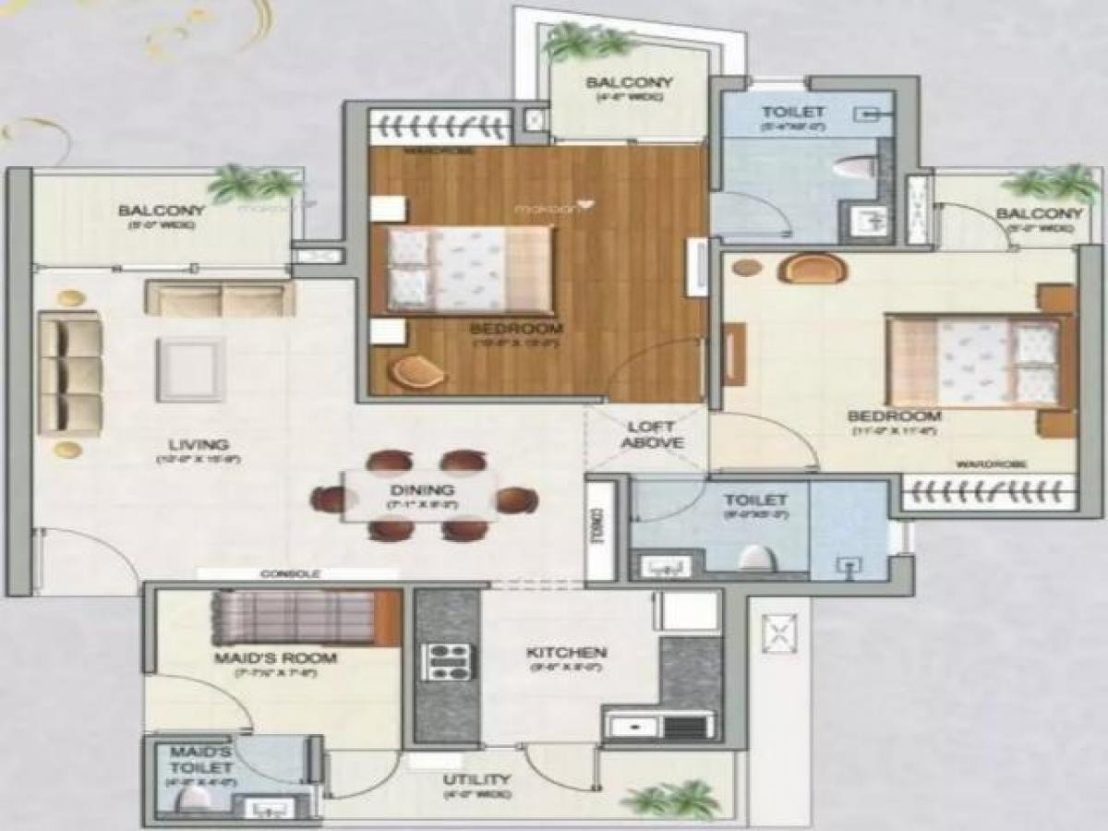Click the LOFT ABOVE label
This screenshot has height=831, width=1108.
tap(652, 435)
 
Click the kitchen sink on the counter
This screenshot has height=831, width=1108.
tap(634, 726)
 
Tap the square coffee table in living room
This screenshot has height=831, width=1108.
tap(189, 368)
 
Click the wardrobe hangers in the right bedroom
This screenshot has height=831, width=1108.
tap(988, 492)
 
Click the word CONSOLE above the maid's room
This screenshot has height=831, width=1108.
tap(289, 573)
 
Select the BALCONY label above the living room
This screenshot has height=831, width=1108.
tap(162, 211)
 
